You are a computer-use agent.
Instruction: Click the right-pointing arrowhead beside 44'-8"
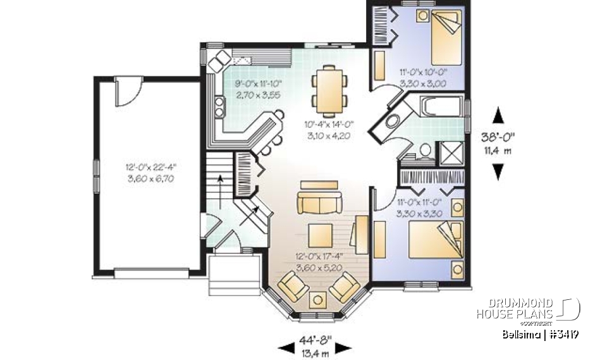click(343, 347)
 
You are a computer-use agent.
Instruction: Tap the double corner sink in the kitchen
click(220, 60)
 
